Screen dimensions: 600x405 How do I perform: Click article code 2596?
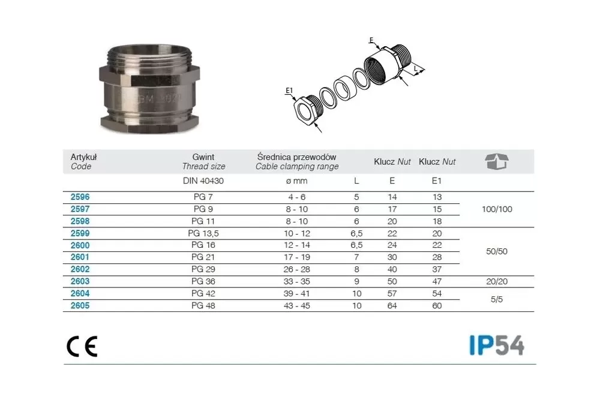coord(80,197)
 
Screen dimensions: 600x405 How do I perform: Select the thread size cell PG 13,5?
coord(203,233)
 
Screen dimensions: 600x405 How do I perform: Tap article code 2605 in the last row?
coord(80,305)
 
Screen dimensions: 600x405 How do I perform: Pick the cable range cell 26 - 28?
coord(297,269)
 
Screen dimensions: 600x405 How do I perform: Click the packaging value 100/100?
coord(497,209)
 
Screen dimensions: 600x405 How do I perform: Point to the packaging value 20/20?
coord(497,282)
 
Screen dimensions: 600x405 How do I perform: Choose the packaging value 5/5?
coord(497,299)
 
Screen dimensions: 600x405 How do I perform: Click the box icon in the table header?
coord(497,161)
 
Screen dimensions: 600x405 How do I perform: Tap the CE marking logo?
coord(82,347)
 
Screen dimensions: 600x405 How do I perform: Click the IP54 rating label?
coord(497,345)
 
